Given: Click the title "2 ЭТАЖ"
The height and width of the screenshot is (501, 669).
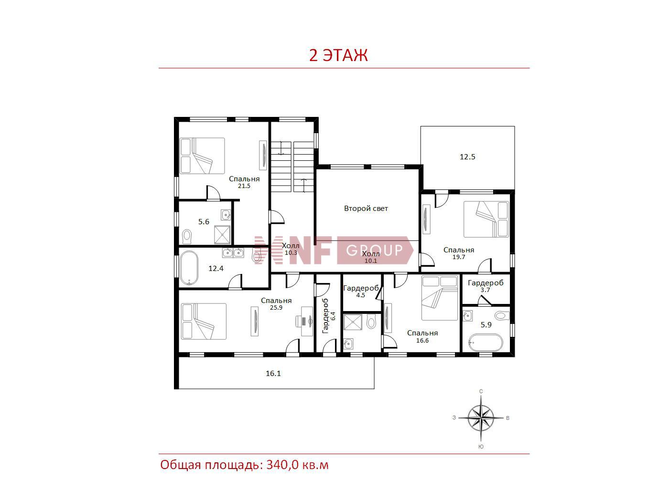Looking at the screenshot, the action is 338,55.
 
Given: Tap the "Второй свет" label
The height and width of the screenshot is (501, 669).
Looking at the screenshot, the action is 366,209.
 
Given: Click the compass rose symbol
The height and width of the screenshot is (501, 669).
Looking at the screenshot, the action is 481,418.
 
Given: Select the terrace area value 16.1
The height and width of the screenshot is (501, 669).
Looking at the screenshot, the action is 273,373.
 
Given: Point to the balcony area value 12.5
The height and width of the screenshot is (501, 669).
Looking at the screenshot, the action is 467,157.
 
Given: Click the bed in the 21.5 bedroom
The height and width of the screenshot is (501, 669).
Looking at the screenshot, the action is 203,156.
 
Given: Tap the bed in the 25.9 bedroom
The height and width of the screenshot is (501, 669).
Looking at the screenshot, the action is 204,321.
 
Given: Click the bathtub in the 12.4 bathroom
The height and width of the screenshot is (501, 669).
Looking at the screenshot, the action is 189,268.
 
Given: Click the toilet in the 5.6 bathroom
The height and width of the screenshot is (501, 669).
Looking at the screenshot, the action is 187,237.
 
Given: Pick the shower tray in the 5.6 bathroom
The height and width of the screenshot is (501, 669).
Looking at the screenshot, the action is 222,234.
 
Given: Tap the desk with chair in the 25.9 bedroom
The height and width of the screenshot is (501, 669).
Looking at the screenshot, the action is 305,321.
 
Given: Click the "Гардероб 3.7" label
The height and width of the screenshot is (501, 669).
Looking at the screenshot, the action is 486,286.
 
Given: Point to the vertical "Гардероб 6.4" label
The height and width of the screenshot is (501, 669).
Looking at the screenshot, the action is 328,316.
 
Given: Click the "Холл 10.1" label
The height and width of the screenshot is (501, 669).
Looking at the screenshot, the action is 371,257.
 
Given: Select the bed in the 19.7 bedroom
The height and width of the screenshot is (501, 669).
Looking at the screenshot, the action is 486,219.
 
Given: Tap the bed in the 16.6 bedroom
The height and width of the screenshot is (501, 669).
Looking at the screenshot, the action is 440,298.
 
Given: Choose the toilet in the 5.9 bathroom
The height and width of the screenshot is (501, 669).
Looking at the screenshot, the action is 502,315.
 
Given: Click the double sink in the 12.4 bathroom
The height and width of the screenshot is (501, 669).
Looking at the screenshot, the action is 233,253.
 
